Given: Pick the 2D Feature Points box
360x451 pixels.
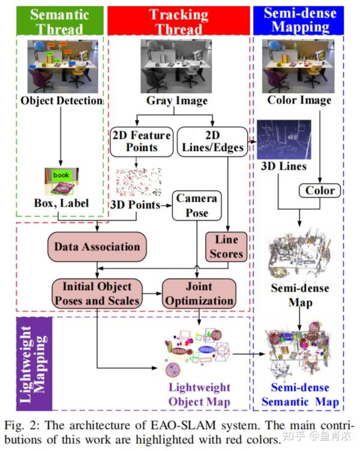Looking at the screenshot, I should tap(141, 141).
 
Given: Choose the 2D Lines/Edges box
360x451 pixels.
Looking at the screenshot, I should tap(211, 141).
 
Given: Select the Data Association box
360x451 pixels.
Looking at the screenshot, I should tap(97, 246).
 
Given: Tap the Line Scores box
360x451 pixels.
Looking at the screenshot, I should tap(226, 246).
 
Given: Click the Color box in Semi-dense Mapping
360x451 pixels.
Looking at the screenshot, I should tap(320, 191).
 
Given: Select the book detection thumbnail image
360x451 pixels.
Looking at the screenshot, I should tap(61, 182).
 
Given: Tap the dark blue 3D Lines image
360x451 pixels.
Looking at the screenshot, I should tap(284, 140).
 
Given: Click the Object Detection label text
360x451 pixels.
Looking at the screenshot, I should tap(62, 100).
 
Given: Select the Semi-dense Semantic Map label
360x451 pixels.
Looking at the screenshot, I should tap(304, 394).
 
